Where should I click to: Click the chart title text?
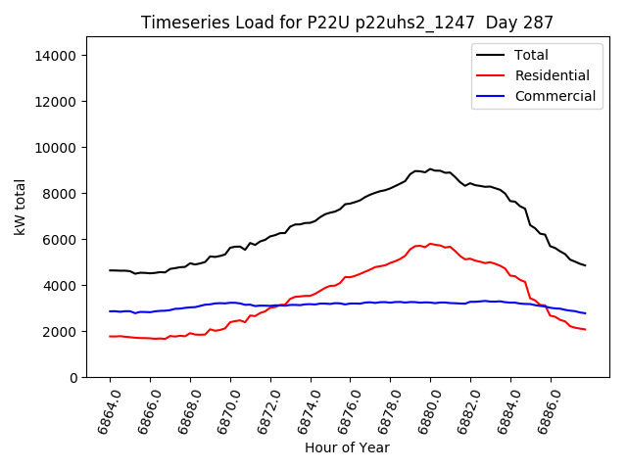[x=347, y=22]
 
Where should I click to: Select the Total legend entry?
[x=531, y=55]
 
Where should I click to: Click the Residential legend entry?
[x=552, y=75]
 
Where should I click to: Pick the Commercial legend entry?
[x=555, y=96]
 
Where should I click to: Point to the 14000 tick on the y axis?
[x=57, y=56]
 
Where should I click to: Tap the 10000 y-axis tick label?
[x=57, y=148]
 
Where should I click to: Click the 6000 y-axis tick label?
[x=61, y=240]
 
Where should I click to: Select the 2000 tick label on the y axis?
[x=61, y=332]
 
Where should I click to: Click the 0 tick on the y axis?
[x=72, y=378]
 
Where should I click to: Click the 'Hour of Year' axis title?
[x=347, y=447]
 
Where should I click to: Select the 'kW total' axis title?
[x=21, y=207]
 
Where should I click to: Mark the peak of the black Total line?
[x=429, y=169]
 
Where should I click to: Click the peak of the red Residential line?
[x=429, y=244]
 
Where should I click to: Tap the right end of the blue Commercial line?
[x=585, y=313]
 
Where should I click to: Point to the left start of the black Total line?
[x=110, y=270]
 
